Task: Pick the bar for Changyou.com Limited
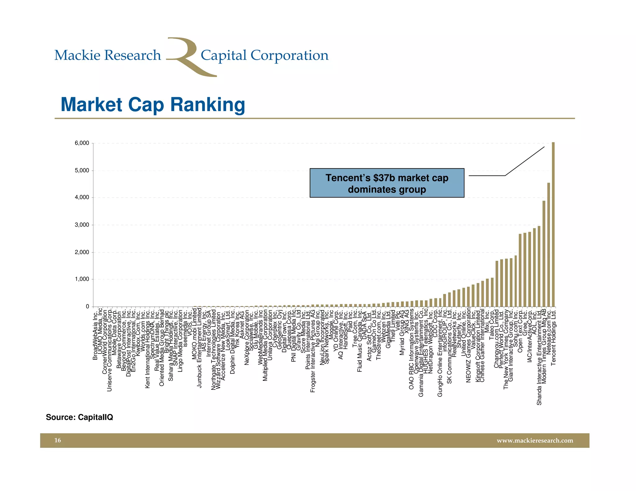coord(497,284)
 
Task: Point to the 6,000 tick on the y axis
coord(82,143)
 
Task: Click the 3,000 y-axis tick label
coord(82,225)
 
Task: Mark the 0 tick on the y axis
coord(87,306)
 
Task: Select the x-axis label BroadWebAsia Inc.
coord(95,334)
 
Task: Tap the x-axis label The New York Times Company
coord(506,349)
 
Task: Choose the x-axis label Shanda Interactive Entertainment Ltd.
coord(539,357)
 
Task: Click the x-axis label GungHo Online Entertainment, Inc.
coord(440,353)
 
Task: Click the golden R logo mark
coord(188,57)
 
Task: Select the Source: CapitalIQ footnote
coord(79,417)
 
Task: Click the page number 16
coord(58,440)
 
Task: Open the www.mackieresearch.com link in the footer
coord(535,441)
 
